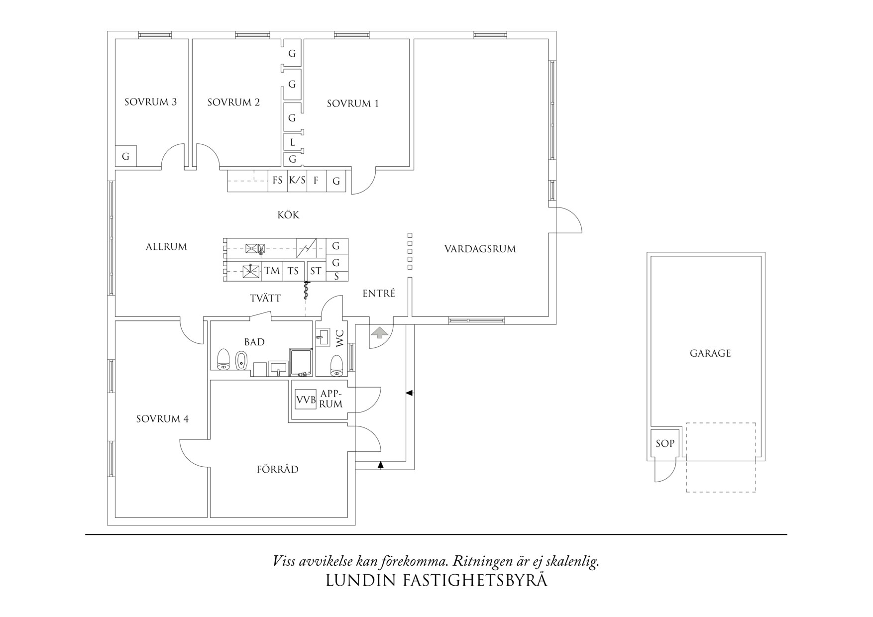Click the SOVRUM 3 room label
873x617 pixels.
pyautogui.click(x=150, y=102)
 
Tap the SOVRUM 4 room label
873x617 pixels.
pyautogui.click(x=162, y=419)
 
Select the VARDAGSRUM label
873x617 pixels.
pyautogui.click(x=480, y=249)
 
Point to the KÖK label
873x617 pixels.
pyautogui.click(x=288, y=215)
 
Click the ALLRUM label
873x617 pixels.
pyautogui.click(x=166, y=247)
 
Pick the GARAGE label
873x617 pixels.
pyautogui.click(x=710, y=353)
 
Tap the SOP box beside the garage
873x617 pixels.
pyautogui.click(x=665, y=443)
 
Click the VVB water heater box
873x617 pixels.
pyautogui.click(x=306, y=400)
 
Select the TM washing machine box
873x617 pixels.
pyautogui.click(x=272, y=271)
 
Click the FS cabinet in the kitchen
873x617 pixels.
pyautogui.click(x=278, y=181)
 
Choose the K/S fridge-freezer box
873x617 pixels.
pyautogui.click(x=297, y=181)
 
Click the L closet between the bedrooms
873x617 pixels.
pyautogui.click(x=293, y=142)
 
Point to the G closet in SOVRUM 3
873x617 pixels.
pyautogui.click(x=125, y=157)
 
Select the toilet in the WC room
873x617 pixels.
pyautogui.click(x=337, y=364)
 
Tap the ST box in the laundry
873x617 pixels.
pyautogui.click(x=316, y=271)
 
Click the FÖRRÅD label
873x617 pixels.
pyautogui.click(x=278, y=469)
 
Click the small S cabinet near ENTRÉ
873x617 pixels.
pyautogui.click(x=336, y=277)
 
